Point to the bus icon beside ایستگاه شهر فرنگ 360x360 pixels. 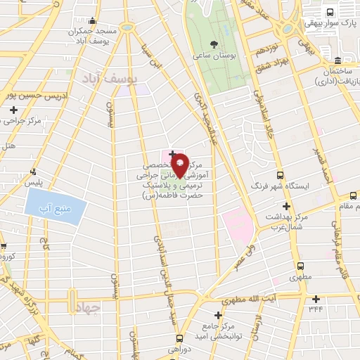point(280,175)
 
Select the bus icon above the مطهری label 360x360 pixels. point(301,266)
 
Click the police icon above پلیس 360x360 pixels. point(33,172)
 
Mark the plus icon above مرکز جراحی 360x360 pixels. point(14,110)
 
